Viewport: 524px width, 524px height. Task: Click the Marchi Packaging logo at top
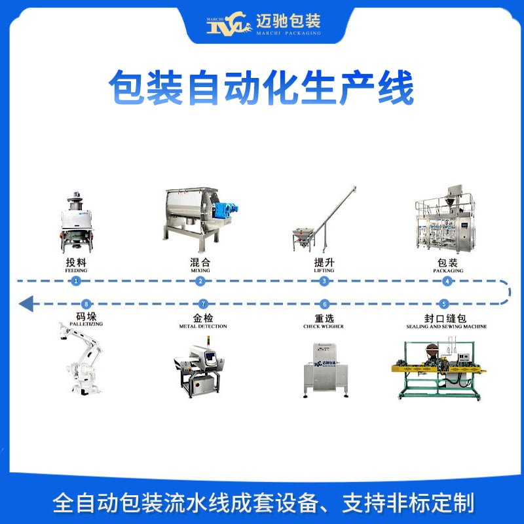coord(261,25)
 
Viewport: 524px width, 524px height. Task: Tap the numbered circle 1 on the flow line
coord(76,281)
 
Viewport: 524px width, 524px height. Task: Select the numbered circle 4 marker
coord(447,281)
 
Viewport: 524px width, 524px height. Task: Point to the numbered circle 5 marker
coord(444,304)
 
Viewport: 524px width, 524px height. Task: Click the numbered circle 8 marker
coord(86,304)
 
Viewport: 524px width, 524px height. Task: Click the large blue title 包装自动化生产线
coord(261,88)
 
